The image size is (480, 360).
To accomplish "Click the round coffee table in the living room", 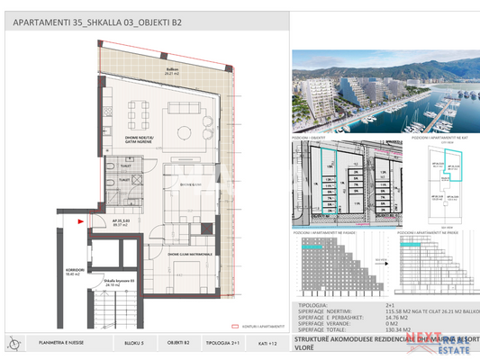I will coord(183,133).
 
